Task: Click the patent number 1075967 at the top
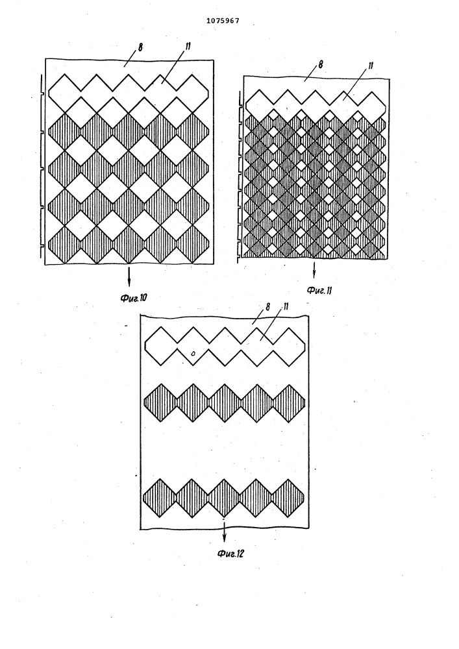223,21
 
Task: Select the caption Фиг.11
319,290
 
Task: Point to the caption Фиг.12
230,553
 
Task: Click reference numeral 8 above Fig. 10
140,47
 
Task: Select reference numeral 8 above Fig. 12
268,307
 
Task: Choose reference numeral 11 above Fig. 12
285,307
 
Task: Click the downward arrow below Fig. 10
129,276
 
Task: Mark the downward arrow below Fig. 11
314,269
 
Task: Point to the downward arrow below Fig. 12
225,532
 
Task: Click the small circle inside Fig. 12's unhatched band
193,354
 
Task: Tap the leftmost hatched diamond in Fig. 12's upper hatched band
160,403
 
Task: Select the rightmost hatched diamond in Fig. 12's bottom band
288,498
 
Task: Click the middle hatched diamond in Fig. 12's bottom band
224,498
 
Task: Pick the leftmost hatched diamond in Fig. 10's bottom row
64,244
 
